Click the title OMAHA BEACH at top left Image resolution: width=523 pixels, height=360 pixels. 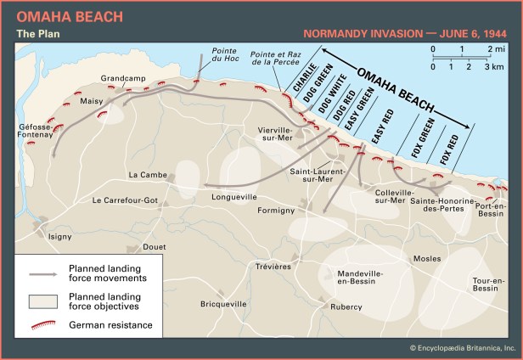(x=57, y=16)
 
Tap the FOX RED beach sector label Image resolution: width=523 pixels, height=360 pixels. (x=451, y=149)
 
